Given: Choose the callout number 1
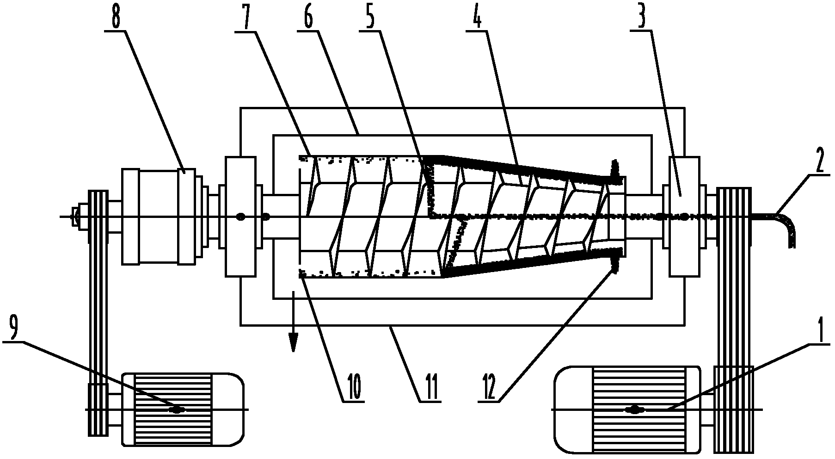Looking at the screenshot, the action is pos(819,331).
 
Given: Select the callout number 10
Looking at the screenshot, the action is pos(351,390).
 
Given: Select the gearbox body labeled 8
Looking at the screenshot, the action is pos(159,216).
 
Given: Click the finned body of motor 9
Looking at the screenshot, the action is pos(172,409).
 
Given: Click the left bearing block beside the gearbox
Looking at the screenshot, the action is pos(240,217).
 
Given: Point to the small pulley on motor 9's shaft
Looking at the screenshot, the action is pos(98,409).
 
